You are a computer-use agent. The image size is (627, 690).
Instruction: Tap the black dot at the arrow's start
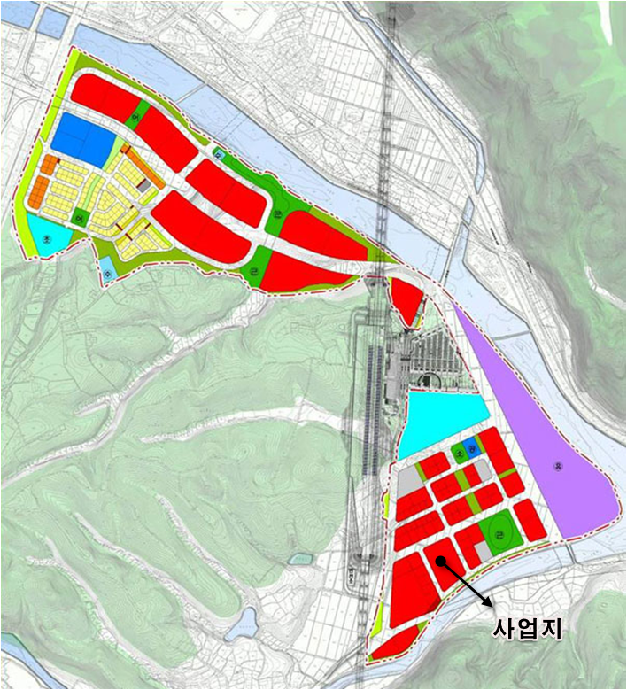(x=440, y=560)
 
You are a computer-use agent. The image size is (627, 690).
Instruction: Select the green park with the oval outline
(x=499, y=534)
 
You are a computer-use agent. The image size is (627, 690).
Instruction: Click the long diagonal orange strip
(x=143, y=167)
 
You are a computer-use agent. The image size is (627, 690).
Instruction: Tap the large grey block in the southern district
(x=408, y=481)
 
